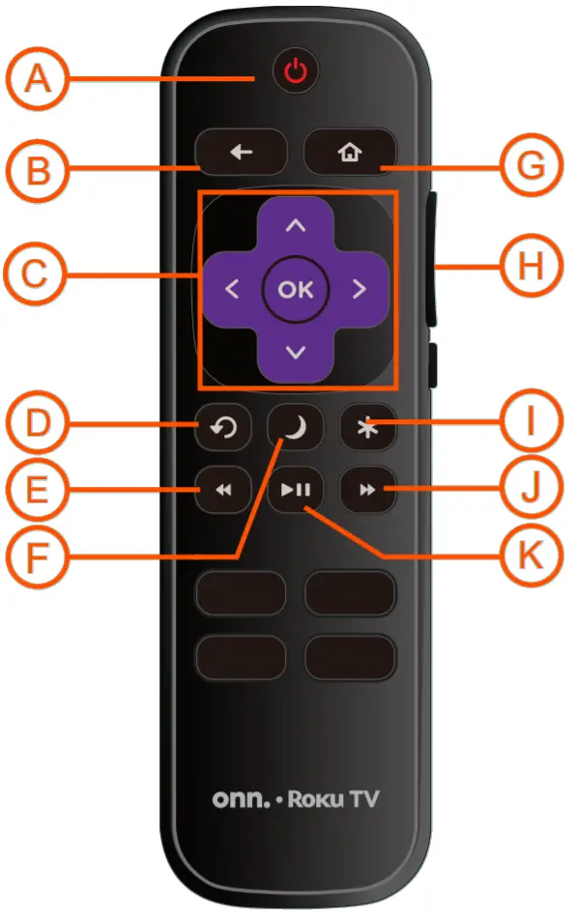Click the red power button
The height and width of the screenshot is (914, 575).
pos(296,72)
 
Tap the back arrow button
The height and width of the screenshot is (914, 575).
pos(241,152)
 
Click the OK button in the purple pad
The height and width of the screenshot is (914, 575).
pos(296,289)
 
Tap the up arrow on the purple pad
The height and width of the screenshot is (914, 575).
pos(296,225)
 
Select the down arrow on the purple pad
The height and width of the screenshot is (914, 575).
pos(296,352)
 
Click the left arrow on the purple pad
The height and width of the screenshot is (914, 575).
pos(232,289)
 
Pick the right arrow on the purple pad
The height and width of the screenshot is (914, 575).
pos(359,289)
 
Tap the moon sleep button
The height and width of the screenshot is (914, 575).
pos(295,427)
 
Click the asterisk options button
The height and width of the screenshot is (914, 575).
pos(367,427)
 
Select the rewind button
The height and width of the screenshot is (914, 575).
pos(223,490)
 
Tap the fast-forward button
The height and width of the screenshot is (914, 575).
pos(367,490)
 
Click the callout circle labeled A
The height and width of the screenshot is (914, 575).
pos(37,78)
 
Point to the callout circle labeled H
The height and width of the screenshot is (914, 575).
pos(532,266)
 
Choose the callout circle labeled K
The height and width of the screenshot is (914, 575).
pos(532,556)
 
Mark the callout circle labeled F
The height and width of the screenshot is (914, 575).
pos(37,557)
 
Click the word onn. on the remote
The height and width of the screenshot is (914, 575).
pos(241,799)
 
